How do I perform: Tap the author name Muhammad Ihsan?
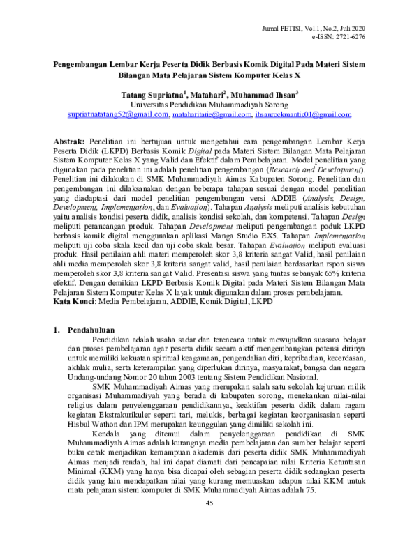click(266, 93)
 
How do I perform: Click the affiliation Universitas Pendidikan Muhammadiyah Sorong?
click(209, 103)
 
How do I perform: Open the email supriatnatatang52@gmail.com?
click(117, 114)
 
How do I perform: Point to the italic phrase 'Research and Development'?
click(311, 170)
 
